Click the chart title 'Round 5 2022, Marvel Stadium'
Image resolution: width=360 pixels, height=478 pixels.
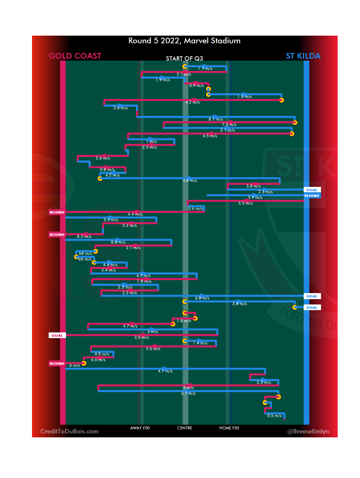tap(184, 41)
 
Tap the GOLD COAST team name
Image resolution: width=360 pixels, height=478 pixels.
tap(75, 56)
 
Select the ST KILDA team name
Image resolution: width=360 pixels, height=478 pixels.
tap(303, 56)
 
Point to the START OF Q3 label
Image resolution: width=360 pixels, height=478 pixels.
tap(184, 59)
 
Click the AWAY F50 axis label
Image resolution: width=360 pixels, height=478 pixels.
tap(140, 428)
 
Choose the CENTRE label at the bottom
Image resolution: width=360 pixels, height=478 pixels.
tap(185, 428)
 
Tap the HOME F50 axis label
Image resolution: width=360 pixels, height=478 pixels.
tap(229, 428)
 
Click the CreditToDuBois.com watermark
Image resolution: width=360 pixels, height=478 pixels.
tap(69, 431)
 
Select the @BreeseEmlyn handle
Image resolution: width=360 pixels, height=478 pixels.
tap(308, 431)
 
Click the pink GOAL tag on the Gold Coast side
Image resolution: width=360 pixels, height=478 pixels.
tap(57, 335)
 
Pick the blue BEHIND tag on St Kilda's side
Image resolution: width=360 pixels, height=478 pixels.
tap(312, 196)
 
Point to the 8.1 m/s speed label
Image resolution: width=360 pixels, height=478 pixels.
tap(216, 119)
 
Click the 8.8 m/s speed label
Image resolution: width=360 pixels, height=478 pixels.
tap(118, 242)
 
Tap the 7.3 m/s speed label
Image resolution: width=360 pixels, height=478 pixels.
tap(229, 125)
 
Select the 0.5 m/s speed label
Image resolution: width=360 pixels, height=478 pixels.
tap(274, 416)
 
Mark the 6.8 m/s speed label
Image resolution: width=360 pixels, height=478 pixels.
tap(202, 298)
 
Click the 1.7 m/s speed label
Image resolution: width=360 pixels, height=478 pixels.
tap(205, 69)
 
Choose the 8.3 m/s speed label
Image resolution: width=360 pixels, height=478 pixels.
tap(84, 237)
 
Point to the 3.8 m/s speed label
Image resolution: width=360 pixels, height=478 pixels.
tap(240, 304)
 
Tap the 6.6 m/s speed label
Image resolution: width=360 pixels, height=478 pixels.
tap(98, 360)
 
